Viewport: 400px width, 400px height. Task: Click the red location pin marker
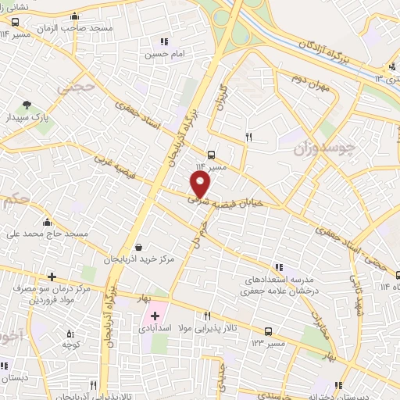point(202,184)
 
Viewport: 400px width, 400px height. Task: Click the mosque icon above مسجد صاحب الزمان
point(74,15)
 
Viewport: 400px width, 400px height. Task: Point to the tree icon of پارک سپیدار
point(27,104)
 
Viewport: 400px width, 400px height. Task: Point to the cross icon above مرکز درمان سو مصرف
point(52,276)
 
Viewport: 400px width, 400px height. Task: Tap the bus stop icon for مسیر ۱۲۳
point(268,330)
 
